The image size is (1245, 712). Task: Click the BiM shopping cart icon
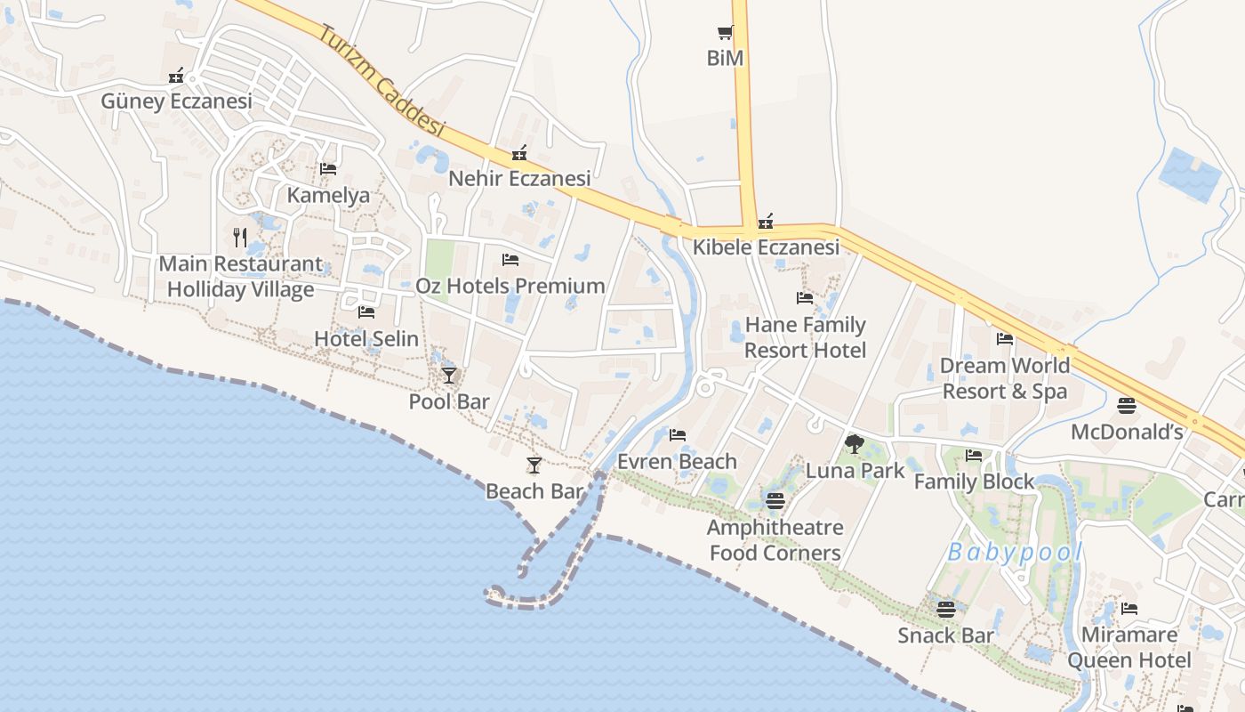(725, 33)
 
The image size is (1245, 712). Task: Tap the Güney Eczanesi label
(176, 101)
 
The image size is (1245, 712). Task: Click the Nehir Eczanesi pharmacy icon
(519, 154)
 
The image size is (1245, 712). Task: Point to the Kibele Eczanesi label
(766, 247)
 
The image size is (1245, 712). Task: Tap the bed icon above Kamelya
(328, 169)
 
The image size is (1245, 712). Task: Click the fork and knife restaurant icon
(239, 237)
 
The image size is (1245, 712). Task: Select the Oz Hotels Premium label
(510, 286)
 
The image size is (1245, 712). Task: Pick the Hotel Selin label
(366, 338)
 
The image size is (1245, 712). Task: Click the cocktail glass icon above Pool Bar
(448, 375)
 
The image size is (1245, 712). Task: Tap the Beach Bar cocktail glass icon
(534, 465)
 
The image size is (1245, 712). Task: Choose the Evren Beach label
(678, 461)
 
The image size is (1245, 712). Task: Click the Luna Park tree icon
(855, 443)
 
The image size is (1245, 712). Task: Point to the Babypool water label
(1015, 553)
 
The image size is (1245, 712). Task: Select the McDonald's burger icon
(1127, 406)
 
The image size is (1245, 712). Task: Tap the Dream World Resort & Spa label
(1005, 378)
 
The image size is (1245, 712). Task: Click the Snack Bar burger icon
(945, 610)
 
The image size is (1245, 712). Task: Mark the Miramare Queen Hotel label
(1129, 647)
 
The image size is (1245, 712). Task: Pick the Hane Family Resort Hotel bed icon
(805, 298)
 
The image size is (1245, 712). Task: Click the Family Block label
(975, 481)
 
